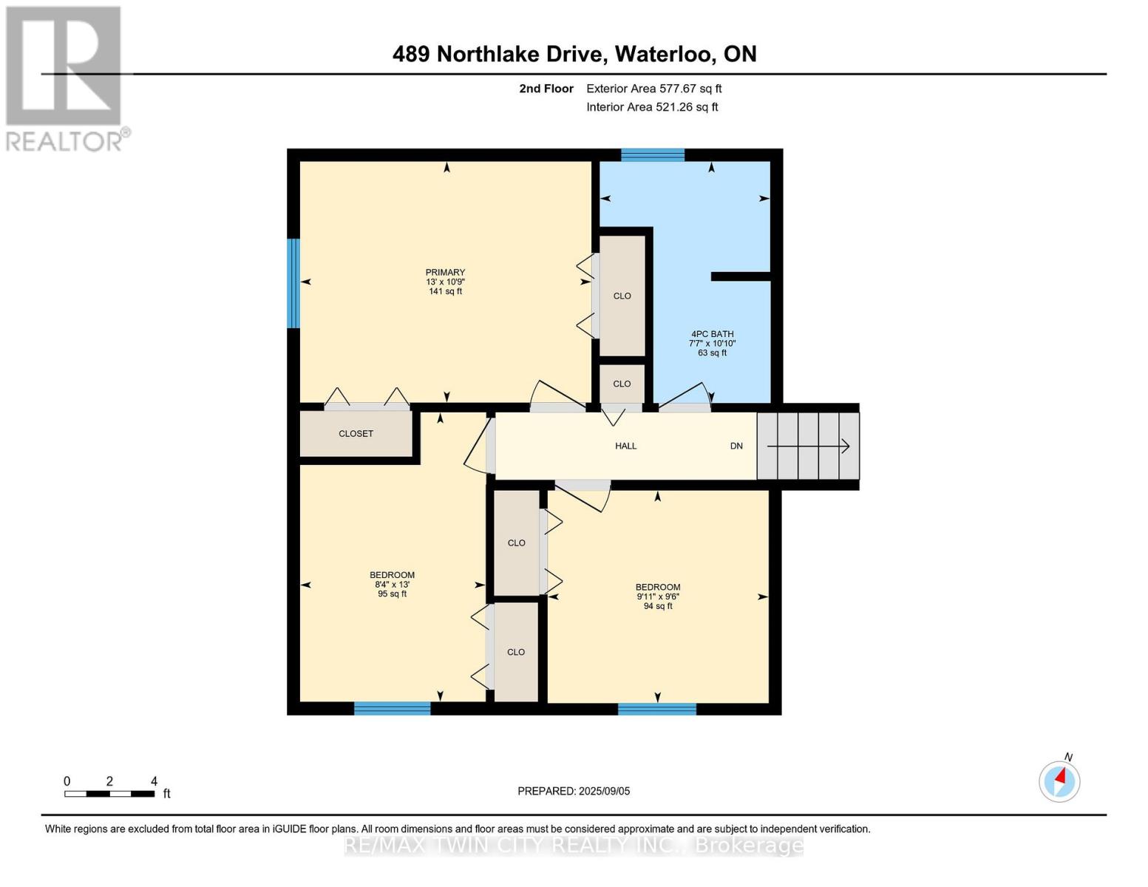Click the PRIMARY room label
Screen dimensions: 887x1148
click(x=445, y=272)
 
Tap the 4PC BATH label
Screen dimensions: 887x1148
click(x=712, y=334)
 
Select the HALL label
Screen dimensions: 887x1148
click(x=625, y=446)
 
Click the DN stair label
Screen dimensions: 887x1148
click(x=736, y=446)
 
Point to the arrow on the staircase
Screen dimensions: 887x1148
click(x=809, y=446)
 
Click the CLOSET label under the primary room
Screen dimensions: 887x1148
click(x=356, y=434)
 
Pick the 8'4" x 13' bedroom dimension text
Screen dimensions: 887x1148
click(x=392, y=585)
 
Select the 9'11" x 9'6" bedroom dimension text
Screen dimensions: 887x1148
click(x=657, y=597)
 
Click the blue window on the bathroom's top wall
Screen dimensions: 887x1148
click(x=652, y=154)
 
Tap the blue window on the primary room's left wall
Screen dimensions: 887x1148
click(x=293, y=282)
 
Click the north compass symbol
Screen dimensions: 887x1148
click(x=1059, y=780)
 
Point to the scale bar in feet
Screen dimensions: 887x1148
click(x=109, y=794)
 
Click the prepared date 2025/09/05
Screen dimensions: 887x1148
click(x=574, y=791)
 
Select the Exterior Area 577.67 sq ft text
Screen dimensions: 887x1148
click(x=653, y=89)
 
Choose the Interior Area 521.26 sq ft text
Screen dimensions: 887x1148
click(x=652, y=107)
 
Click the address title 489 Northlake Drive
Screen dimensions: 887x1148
click(x=574, y=54)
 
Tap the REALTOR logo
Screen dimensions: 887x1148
click(x=64, y=78)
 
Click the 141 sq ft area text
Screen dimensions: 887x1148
click(x=445, y=291)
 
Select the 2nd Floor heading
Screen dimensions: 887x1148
click(x=546, y=89)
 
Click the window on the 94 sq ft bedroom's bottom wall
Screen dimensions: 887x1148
click(x=656, y=710)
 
